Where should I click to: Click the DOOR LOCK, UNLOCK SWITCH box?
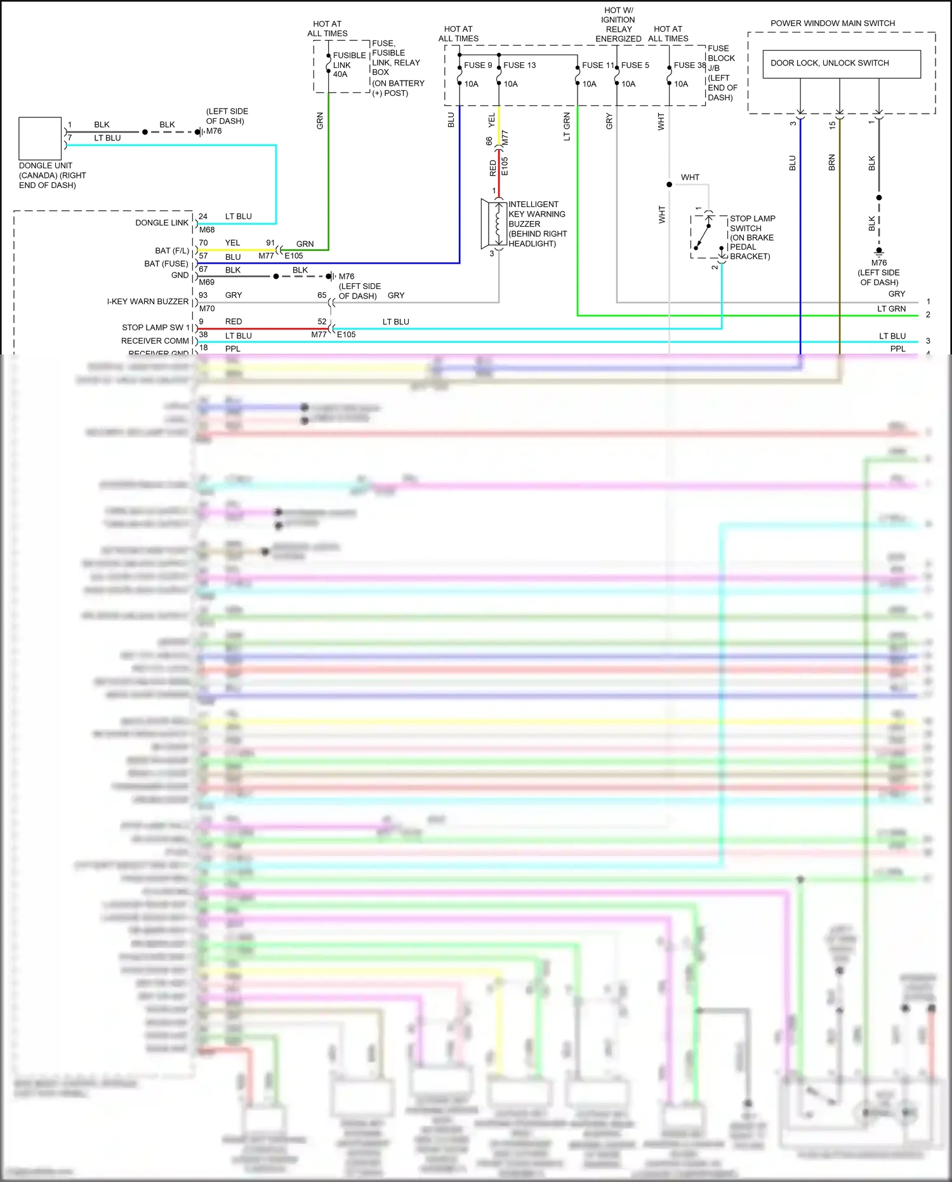point(841,64)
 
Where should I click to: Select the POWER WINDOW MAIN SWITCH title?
point(832,24)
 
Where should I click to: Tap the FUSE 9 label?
point(477,65)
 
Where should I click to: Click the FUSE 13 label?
point(519,65)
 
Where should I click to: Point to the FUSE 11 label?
point(597,65)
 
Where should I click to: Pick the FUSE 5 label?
point(635,65)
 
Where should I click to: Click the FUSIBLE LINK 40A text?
point(348,65)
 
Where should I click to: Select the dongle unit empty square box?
point(40,138)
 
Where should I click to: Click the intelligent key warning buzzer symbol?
point(493,224)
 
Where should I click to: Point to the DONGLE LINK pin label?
point(161,223)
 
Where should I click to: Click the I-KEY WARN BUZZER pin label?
point(147,302)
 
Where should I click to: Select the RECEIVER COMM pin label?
point(155,341)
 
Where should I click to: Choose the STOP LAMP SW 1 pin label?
point(155,328)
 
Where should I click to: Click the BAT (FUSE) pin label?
point(166,264)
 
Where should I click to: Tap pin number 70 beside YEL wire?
point(203,243)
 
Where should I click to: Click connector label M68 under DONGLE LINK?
point(207,230)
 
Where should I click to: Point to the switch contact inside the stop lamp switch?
point(703,236)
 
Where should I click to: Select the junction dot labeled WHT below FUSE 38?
point(669,185)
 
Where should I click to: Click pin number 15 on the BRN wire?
point(832,125)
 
